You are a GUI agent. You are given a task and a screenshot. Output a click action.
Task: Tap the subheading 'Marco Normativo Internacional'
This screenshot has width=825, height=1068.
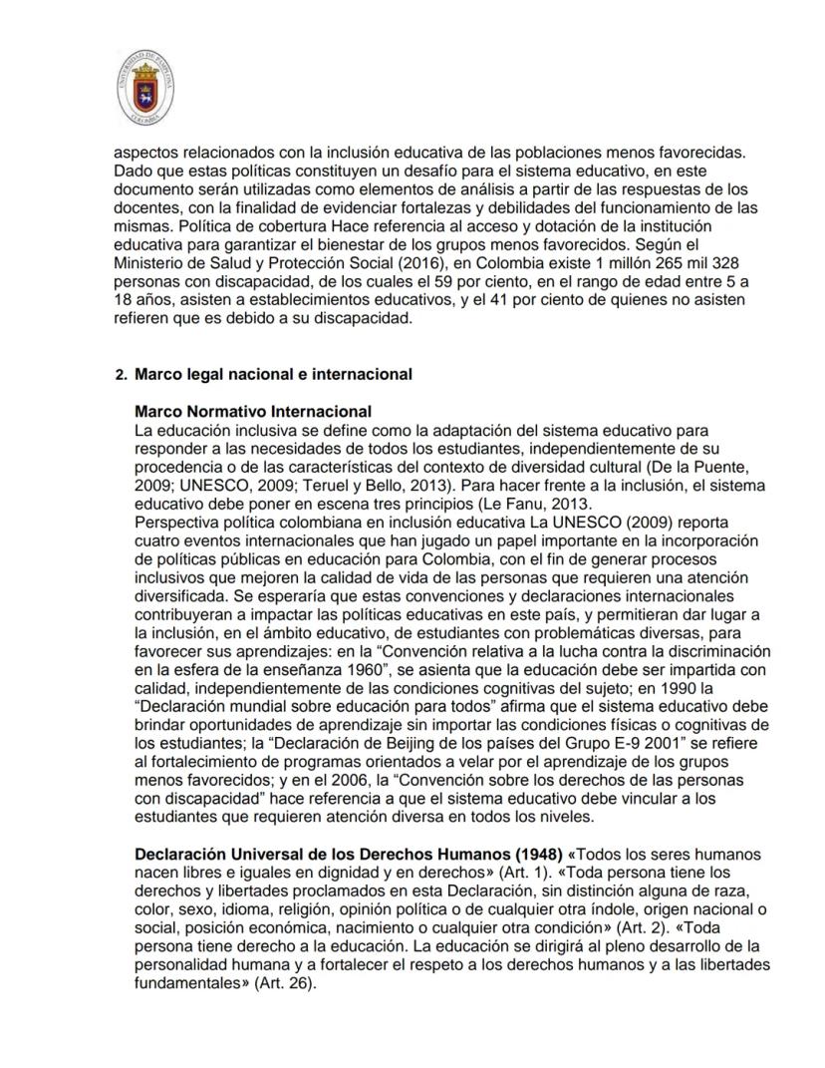[253, 411]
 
